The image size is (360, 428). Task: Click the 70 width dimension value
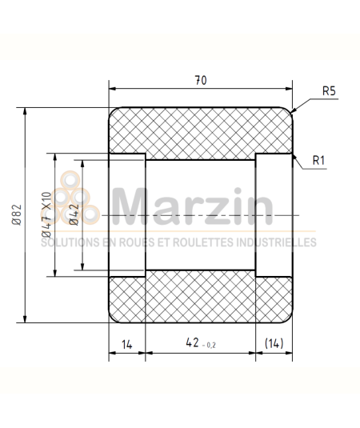(x=200, y=80)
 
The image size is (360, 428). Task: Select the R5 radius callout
(x=328, y=92)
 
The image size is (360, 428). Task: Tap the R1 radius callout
(x=318, y=161)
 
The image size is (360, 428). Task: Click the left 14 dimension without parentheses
(x=126, y=343)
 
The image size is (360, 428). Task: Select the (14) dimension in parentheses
(x=274, y=343)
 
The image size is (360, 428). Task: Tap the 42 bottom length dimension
(x=192, y=342)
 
